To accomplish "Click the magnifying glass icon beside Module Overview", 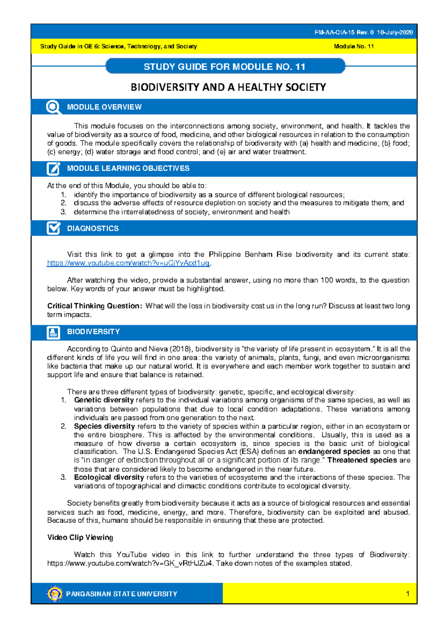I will point(53,107).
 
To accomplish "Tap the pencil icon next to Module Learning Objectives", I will point(53,168).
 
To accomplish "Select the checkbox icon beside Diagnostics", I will point(53,228).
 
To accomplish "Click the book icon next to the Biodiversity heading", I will point(53,332).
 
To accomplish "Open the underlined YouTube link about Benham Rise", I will point(128,263).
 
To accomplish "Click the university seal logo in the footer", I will point(55,594).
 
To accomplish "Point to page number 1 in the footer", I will point(407,594).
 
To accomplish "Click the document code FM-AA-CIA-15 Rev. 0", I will point(344,32).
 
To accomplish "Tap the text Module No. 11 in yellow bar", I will point(353,46).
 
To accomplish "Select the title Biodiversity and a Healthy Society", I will point(228,87).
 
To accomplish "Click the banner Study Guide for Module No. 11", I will point(225,67).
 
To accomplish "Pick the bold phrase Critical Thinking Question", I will point(94,306).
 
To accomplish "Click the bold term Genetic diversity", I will point(104,400).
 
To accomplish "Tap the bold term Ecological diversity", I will point(109,477).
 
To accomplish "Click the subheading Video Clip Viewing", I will point(80,537).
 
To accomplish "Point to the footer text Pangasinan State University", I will point(122,594).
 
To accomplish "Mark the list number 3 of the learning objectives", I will point(63,212).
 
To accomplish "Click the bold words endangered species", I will point(334,451).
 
